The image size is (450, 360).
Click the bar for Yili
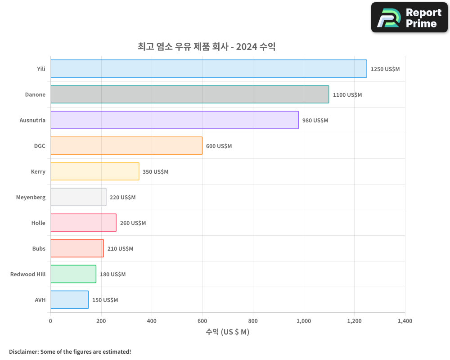208,69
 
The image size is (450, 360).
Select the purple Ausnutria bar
174,120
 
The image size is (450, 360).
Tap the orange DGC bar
126,146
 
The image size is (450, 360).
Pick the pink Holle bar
83,223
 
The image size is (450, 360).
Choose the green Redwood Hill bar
73,274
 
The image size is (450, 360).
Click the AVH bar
69,300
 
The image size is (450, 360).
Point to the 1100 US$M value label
347,95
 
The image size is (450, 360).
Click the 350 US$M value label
155,172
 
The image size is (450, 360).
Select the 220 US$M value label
122,198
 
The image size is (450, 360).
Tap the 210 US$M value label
120,249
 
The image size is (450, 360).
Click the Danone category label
35,95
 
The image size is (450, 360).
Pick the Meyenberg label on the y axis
31,198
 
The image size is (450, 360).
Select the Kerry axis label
38,172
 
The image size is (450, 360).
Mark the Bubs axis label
39,249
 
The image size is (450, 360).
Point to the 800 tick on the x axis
253,321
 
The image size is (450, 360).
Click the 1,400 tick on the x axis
405,321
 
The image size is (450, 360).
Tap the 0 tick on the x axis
50,321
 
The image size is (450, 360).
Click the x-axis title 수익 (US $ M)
227,332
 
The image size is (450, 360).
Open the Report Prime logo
409,18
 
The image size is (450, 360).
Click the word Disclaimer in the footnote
23,352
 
